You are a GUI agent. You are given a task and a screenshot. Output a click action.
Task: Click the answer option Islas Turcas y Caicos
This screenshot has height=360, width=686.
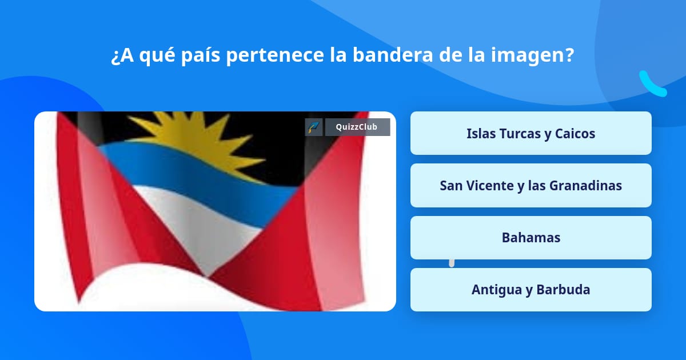[531, 133]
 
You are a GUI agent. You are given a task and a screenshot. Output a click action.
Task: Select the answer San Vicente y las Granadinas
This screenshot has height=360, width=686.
[531, 186]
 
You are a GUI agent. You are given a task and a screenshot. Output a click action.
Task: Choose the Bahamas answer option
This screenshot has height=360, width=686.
[531, 238]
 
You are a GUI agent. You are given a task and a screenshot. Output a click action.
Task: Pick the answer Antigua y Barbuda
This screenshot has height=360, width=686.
[531, 290]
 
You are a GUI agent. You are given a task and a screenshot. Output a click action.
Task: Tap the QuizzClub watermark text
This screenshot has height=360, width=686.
[357, 127]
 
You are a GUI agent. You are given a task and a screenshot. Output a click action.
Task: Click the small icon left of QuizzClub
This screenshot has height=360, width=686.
[314, 127]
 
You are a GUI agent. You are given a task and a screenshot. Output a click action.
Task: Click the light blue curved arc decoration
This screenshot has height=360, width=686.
[652, 85]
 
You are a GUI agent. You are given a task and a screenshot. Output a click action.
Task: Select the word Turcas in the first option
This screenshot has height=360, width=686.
[519, 134]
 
